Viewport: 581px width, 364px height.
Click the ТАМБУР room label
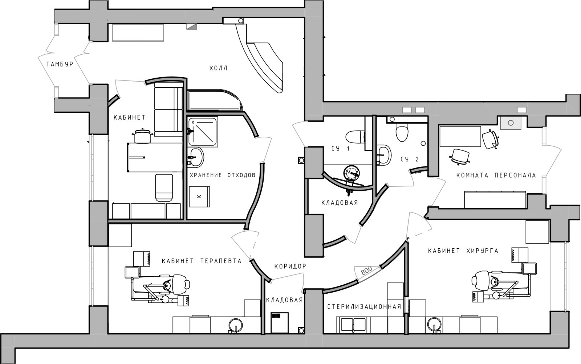pos(60,64)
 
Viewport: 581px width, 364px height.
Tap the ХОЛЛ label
pos(218,69)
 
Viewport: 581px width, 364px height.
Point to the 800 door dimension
pos(366,270)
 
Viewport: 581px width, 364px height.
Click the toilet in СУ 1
pos(355,137)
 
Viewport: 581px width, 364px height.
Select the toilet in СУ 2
pos(402,132)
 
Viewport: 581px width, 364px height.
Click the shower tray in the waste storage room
pos(203,132)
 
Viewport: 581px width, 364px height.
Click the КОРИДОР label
pos(290,266)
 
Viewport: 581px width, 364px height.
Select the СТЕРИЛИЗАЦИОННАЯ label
pos(364,307)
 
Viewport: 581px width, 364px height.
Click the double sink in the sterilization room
pos(353,325)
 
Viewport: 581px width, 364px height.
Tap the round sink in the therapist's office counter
pos(236,325)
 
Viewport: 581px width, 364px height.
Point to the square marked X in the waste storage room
pos(199,197)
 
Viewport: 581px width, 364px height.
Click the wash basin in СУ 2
pos(383,155)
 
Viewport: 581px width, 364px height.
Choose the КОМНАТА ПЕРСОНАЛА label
pos(496,175)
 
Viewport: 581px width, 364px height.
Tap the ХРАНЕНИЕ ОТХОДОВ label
pos(223,175)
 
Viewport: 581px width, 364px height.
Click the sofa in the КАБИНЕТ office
pos(168,112)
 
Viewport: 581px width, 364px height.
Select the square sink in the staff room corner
pos(511,123)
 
